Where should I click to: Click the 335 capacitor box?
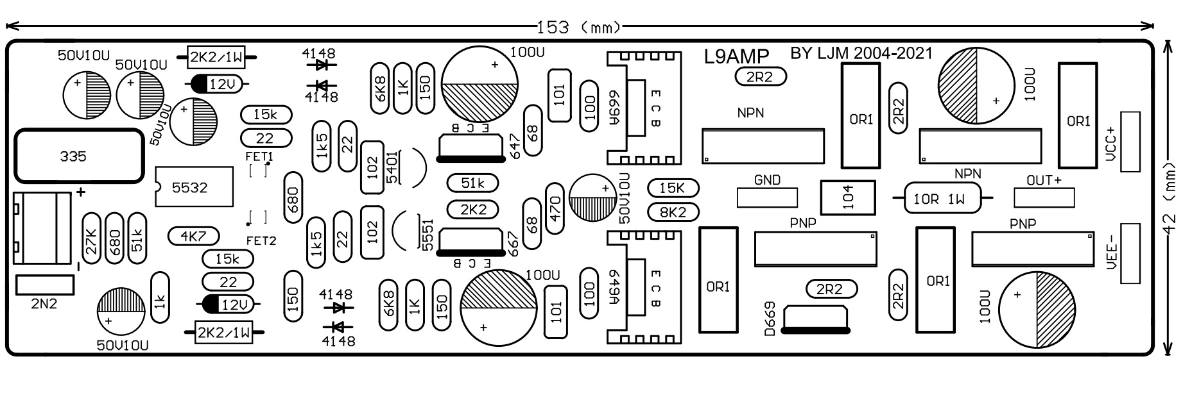pyautogui.click(x=78, y=156)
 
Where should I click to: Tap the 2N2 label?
pyautogui.click(x=44, y=304)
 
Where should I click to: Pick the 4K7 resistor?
pyautogui.click(x=193, y=237)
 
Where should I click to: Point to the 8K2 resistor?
pyautogui.click(x=673, y=212)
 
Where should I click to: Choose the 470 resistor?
pyautogui.click(x=555, y=208)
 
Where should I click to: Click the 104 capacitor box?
pyautogui.click(x=847, y=198)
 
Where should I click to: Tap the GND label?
pyautogui.click(x=766, y=181)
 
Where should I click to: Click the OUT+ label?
pyautogui.click(x=1044, y=181)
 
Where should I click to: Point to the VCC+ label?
pyautogui.click(x=1112, y=142)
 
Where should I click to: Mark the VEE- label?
pyautogui.click(x=1112, y=254)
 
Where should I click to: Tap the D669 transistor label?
pyautogui.click(x=770, y=319)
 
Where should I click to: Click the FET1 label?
pyautogui.click(x=259, y=156)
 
